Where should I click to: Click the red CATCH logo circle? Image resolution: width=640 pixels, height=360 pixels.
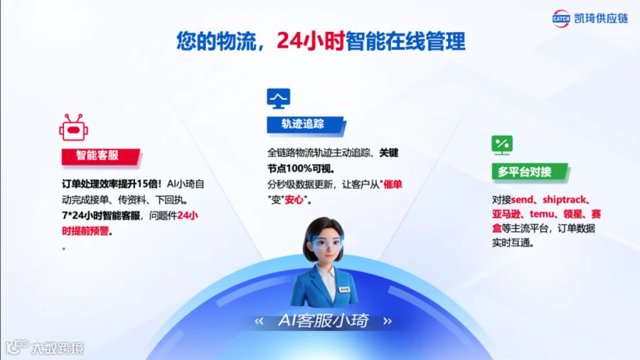(x=561, y=18)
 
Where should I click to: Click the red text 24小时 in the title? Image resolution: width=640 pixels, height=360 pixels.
(x=311, y=41)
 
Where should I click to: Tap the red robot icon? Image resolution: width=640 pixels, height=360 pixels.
(x=73, y=128)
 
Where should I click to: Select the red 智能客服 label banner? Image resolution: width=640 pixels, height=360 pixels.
(x=101, y=157)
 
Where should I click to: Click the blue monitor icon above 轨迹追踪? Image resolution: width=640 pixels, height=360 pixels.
(x=278, y=98)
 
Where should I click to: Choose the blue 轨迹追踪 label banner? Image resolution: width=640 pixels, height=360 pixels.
(x=306, y=125)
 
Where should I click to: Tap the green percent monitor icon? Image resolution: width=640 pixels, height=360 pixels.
(x=502, y=145)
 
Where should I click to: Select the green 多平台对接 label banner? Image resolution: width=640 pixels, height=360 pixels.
(x=529, y=172)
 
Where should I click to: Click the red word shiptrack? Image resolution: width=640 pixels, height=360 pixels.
(x=565, y=200)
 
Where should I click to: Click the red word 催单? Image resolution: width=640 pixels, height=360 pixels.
(x=393, y=184)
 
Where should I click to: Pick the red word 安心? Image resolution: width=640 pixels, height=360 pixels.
(x=294, y=200)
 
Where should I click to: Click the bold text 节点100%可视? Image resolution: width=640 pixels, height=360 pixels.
(x=299, y=168)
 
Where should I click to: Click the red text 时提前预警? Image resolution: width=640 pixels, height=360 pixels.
(x=85, y=231)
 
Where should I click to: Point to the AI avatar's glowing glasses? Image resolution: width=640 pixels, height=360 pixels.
(x=327, y=243)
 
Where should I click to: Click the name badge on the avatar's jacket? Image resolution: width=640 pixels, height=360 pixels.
(x=344, y=289)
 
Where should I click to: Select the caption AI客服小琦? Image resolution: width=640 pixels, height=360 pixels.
(x=323, y=321)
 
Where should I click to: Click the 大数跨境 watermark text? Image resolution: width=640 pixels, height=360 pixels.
(x=58, y=348)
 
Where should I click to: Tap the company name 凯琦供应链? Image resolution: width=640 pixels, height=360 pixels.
(x=601, y=18)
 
